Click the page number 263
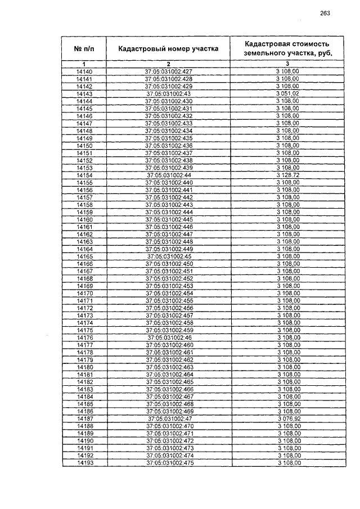pyautogui.click(x=325, y=13)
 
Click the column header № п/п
pyautogui.click(x=83, y=49)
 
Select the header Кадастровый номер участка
pyautogui.click(x=168, y=49)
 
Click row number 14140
pyautogui.click(x=83, y=72)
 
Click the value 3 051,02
pyautogui.click(x=287, y=94)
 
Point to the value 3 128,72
pyautogui.click(x=287, y=175)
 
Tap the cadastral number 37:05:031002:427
pyautogui.click(x=168, y=72)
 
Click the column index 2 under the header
pyautogui.click(x=168, y=65)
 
